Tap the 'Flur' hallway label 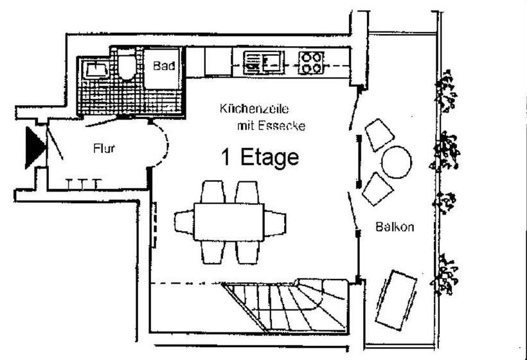tap(104, 148)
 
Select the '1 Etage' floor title tap(260, 157)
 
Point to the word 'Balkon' tap(395, 226)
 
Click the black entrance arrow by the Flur tap(33, 147)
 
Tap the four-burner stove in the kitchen tap(311, 62)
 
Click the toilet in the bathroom tap(127, 67)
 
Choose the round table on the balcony tap(396, 162)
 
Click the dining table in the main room tap(229, 221)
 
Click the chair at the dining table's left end tap(184, 222)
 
